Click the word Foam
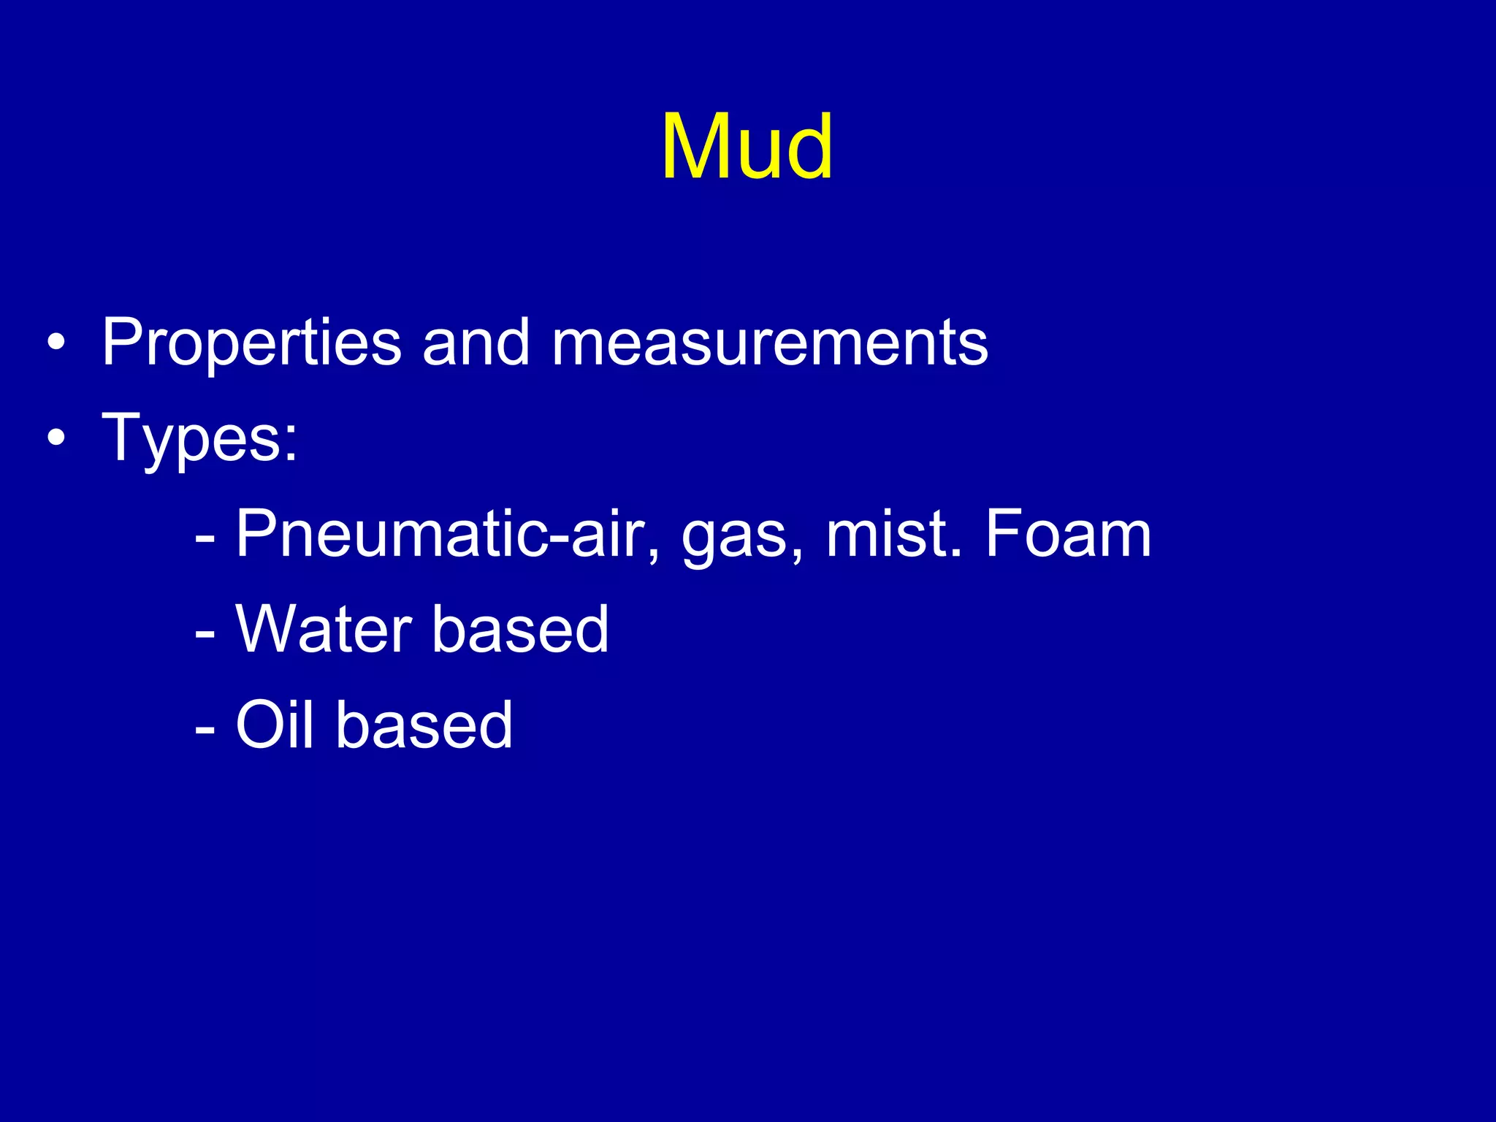(1067, 535)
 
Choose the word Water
(324, 630)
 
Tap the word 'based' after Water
(520, 630)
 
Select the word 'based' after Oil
(424, 725)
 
